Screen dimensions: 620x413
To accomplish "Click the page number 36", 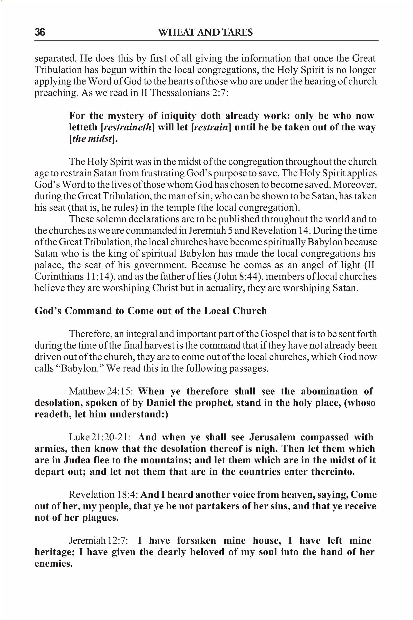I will tap(40, 32).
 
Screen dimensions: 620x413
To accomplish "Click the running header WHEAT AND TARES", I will tap(205, 32).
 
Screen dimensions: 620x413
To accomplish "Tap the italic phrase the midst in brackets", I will tap(92, 139).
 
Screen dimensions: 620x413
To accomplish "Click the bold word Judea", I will tap(77, 460).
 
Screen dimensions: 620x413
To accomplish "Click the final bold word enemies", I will tap(53, 563).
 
